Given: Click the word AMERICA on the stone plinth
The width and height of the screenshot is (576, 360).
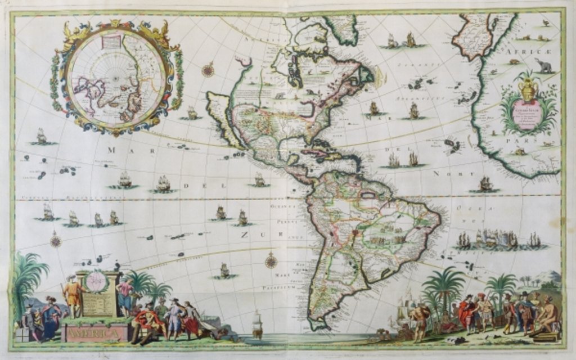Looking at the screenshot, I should click(x=95, y=334).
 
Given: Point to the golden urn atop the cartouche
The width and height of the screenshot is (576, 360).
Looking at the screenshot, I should click(x=528, y=89).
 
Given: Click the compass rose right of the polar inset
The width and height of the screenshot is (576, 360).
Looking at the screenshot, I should click(x=208, y=70).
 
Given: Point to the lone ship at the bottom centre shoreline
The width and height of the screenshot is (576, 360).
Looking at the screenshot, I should click(x=257, y=325).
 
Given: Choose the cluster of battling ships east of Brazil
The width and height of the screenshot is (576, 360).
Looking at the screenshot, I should click(x=495, y=240).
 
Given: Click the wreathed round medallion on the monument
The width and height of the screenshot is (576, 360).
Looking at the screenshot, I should click(x=97, y=282).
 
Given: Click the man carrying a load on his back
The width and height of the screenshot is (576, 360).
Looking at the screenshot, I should click(x=418, y=321).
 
